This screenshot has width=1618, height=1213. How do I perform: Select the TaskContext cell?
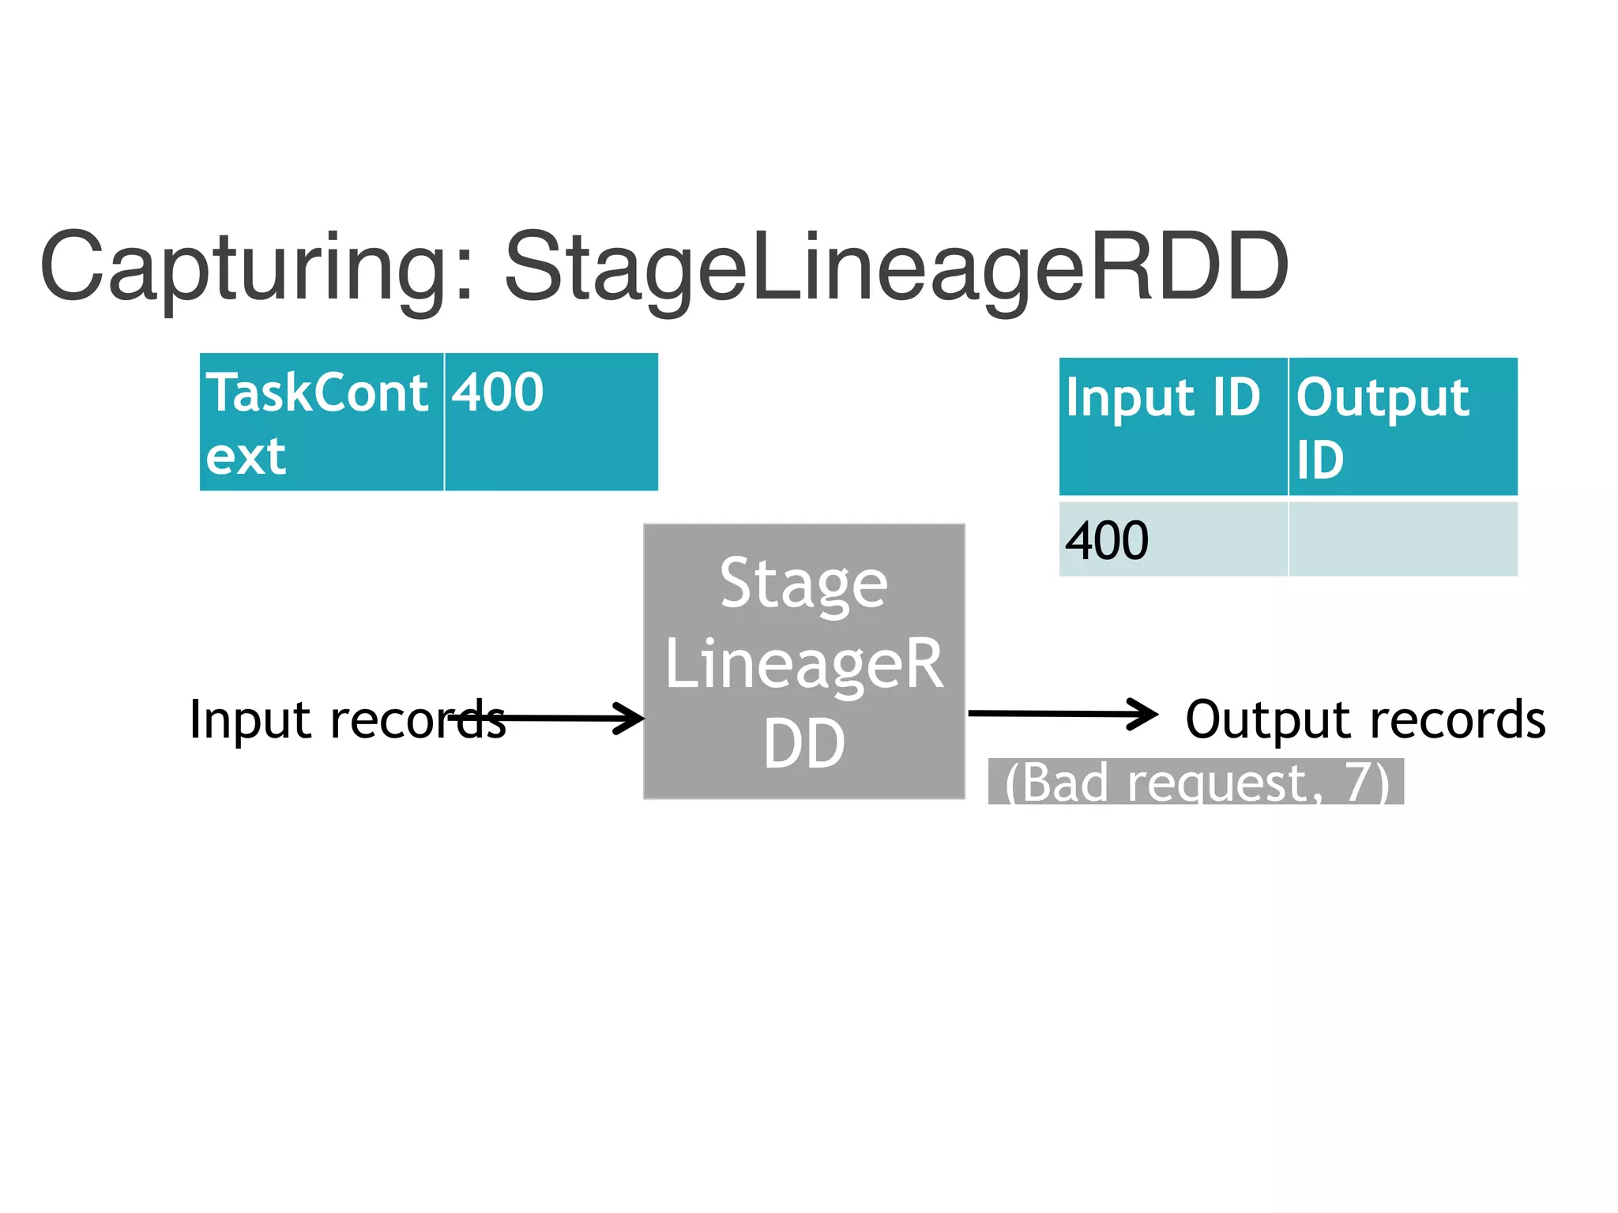coord(322,422)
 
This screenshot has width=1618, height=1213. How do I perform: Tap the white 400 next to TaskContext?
coord(498,392)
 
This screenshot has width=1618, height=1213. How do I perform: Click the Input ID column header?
coord(1163,397)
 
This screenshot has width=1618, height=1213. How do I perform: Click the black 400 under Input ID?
coord(1106,542)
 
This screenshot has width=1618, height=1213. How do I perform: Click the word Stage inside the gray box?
coord(803,584)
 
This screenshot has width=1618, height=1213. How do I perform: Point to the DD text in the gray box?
coord(803,744)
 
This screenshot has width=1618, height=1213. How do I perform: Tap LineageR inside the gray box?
coord(803,664)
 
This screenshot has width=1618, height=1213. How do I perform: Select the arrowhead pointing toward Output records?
coord(1142,714)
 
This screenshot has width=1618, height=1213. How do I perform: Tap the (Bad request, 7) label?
coord(1195,782)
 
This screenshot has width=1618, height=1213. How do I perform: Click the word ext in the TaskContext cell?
coord(245,456)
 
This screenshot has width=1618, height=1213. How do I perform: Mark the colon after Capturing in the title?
coord(465,272)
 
